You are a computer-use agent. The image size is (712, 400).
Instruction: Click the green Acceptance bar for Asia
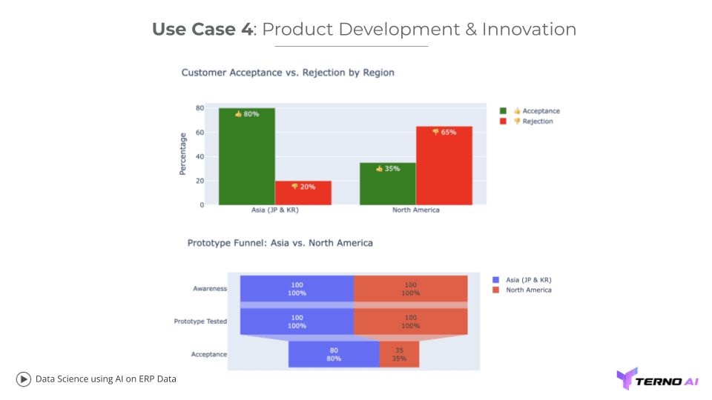click(x=246, y=156)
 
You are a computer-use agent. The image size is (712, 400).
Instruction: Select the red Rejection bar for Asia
click(x=303, y=193)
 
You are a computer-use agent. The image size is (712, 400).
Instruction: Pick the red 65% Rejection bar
click(x=444, y=165)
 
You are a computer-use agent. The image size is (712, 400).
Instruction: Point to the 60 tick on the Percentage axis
click(x=200, y=132)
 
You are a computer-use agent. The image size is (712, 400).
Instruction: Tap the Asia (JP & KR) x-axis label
click(x=274, y=210)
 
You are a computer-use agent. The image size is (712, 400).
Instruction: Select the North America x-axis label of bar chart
click(x=415, y=210)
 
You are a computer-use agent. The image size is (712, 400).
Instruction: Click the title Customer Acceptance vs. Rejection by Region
click(x=288, y=73)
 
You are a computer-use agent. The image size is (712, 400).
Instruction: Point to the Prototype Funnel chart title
click(x=280, y=243)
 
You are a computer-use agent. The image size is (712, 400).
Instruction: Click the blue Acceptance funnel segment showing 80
click(x=334, y=354)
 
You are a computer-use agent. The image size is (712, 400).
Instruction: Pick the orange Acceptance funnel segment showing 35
click(x=399, y=354)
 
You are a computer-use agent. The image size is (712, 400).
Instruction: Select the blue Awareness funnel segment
click(x=297, y=288)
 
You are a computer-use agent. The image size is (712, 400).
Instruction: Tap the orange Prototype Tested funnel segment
click(x=410, y=321)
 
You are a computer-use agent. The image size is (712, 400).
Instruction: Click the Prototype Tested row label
click(x=200, y=321)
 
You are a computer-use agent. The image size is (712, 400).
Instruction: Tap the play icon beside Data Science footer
click(x=24, y=379)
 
